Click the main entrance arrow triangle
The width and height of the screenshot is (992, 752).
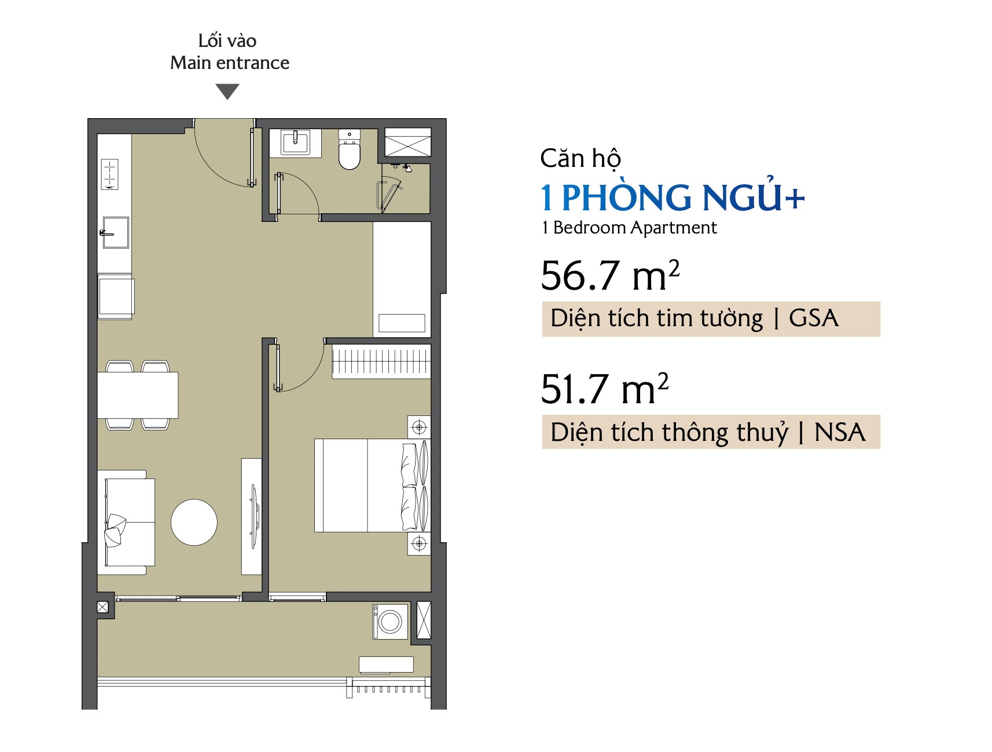click(227, 91)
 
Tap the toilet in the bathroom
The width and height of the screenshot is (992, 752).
click(350, 149)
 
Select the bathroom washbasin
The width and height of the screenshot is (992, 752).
click(295, 142)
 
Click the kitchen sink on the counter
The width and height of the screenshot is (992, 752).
click(115, 232)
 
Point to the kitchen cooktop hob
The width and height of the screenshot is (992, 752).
click(110, 174)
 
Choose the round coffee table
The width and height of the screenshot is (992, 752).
click(194, 522)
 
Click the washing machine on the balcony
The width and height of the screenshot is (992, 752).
click(390, 622)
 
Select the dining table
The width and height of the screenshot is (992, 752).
click(138, 395)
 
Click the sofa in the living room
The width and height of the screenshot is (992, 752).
click(126, 522)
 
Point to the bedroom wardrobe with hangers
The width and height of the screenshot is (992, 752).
click(381, 362)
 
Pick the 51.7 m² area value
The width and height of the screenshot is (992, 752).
click(605, 388)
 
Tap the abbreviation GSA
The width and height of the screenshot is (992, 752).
click(813, 318)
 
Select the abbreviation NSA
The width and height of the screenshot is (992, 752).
click(840, 432)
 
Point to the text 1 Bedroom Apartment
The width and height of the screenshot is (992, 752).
click(629, 228)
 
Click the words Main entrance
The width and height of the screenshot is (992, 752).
click(230, 63)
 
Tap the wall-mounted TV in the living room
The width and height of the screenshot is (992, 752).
click(253, 517)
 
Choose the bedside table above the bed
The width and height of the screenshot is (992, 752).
click(419, 428)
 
